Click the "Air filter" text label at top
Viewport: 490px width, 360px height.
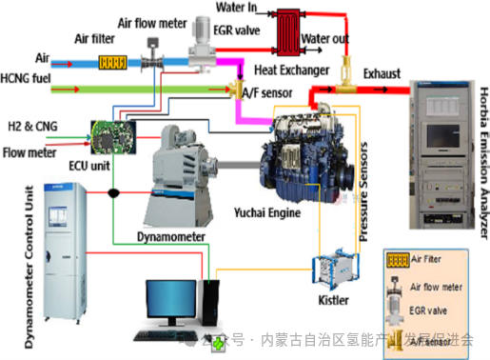pos(102,38)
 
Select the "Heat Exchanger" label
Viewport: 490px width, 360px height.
pos(293,69)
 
